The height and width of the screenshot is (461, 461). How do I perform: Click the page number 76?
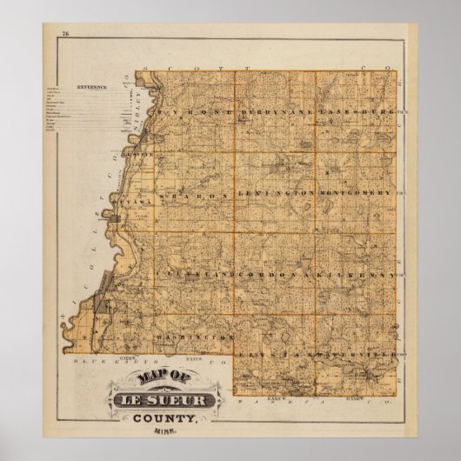65,34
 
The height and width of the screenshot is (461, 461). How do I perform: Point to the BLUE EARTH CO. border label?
111,359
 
